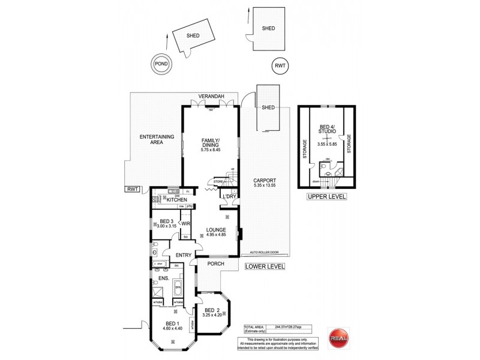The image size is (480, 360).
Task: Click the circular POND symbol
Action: (x=161, y=64)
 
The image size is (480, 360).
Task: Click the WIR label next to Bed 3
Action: (x=186, y=224)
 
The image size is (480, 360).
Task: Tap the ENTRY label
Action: (x=184, y=255)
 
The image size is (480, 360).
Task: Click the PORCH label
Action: (x=216, y=263)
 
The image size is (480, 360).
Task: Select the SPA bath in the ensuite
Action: (x=178, y=289)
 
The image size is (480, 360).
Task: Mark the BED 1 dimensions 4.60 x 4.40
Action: (x=173, y=328)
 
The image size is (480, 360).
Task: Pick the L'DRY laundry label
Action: (x=228, y=197)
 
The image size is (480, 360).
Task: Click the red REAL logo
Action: (x=338, y=337)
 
